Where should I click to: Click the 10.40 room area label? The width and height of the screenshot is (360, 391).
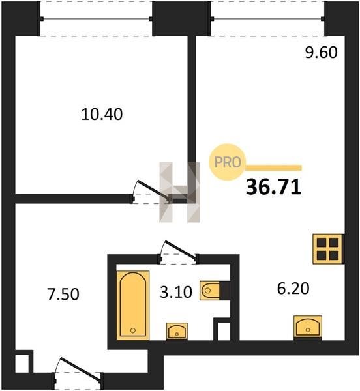(x=102, y=115)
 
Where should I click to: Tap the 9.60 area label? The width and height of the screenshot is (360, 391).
(x=321, y=52)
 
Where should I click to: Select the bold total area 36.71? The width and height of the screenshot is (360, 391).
(x=273, y=187)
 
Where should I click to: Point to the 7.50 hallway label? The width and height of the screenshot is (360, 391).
(x=63, y=294)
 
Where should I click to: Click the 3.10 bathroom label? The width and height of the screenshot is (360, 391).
(x=176, y=292)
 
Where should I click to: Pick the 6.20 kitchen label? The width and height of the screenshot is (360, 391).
(x=293, y=288)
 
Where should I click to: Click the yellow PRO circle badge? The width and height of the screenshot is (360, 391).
(x=227, y=162)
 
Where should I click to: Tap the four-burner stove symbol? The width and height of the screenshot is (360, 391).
(x=327, y=249)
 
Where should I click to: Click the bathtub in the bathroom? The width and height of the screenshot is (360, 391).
(x=133, y=305)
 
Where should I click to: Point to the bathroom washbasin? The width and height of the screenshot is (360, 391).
(x=177, y=331)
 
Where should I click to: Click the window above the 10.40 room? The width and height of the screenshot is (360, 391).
(x=96, y=19)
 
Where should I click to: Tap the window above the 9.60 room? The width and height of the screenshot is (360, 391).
(x=267, y=19)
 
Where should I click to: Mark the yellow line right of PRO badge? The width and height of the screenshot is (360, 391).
(x=273, y=168)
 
